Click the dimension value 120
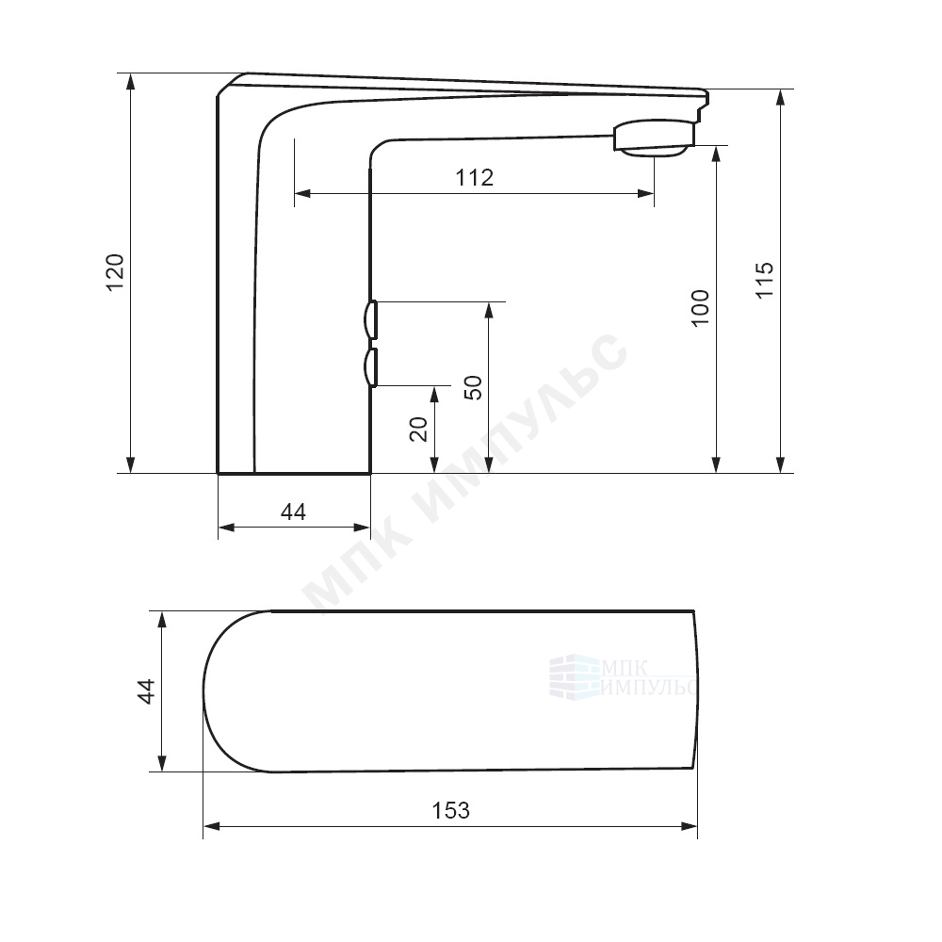click(115, 272)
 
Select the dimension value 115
click(765, 280)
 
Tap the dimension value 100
click(701, 308)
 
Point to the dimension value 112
click(475, 177)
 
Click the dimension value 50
click(474, 387)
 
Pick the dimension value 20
click(418, 429)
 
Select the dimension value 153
click(450, 810)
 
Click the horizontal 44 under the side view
click(293, 512)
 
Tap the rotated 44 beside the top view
click(147, 690)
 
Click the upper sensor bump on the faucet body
click(370, 319)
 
